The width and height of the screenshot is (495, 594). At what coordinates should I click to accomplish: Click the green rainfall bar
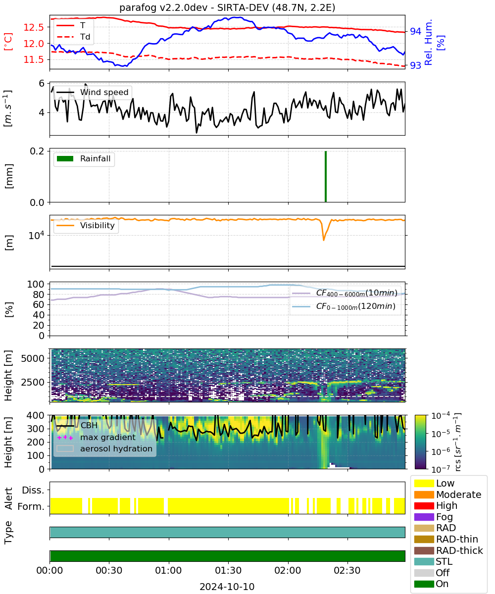pyautogui.click(x=325, y=176)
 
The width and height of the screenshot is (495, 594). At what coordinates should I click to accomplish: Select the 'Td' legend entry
pyautogui.click(x=73, y=37)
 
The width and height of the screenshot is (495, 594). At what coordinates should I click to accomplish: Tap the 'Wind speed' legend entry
pyautogui.click(x=93, y=92)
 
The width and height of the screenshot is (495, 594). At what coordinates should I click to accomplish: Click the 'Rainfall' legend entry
pyautogui.click(x=83, y=158)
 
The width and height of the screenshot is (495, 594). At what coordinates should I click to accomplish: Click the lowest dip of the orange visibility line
pyautogui.click(x=323, y=241)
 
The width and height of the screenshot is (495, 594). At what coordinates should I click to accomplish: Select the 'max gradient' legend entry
pyautogui.click(x=97, y=437)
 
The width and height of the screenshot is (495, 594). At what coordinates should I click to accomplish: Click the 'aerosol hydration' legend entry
pyautogui.click(x=104, y=448)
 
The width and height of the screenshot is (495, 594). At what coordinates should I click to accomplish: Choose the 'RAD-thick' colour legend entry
pyautogui.click(x=448, y=550)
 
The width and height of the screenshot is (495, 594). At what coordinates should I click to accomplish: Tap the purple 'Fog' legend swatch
pyautogui.click(x=424, y=517)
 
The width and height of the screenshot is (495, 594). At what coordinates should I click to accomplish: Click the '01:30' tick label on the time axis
pyautogui.click(x=228, y=570)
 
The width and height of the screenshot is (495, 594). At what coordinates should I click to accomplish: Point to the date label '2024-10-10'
pyautogui.click(x=227, y=587)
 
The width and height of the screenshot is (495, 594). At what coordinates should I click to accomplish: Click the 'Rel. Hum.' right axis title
pyautogui.click(x=428, y=42)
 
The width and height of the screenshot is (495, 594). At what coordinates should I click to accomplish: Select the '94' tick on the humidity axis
pyautogui.click(x=415, y=31)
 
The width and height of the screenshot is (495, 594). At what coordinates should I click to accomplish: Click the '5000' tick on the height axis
pyautogui.click(x=33, y=358)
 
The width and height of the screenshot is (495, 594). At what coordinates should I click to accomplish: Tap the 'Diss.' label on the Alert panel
pyautogui.click(x=33, y=490)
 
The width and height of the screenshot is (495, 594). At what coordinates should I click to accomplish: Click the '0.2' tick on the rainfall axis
pyautogui.click(x=37, y=151)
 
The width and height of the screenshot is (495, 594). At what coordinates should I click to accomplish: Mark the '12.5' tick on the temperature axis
pyautogui.click(x=34, y=27)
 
